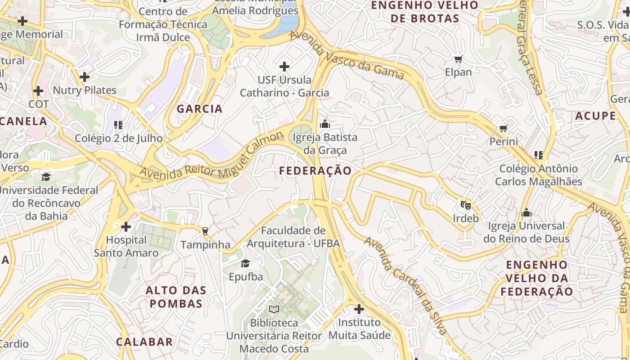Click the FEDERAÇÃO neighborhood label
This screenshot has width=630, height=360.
pyautogui.click(x=315, y=171)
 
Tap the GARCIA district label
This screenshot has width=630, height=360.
pyautogui.click(x=199, y=109)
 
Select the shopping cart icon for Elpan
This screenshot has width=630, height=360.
pyautogui.click(x=459, y=59)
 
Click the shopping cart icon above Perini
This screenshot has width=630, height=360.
pyautogui.click(x=504, y=129)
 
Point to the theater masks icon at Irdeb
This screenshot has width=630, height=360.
pyautogui.click(x=465, y=205)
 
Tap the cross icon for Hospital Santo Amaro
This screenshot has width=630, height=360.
pyautogui.click(x=126, y=226)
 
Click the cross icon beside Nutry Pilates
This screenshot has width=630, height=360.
pyautogui.click(x=85, y=77)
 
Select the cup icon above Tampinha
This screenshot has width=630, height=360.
pyautogui.click(x=205, y=231)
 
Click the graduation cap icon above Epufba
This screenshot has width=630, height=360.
pyautogui.click(x=245, y=263)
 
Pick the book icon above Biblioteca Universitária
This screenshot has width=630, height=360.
pyautogui.click(x=274, y=309)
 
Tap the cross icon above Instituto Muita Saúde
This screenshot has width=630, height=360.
pyautogui.click(x=359, y=309)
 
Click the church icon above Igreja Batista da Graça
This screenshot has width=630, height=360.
pyautogui.click(x=324, y=124)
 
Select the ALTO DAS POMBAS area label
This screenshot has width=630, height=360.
pyautogui.click(x=176, y=297)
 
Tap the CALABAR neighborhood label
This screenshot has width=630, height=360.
pyautogui.click(x=144, y=342)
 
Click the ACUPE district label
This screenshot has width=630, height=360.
pyautogui.click(x=595, y=116)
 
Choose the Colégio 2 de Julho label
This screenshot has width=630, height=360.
pyautogui.click(x=118, y=139)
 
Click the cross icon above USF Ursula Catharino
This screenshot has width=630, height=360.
pyautogui.click(x=284, y=67)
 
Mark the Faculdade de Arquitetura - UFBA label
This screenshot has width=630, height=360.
pyautogui.click(x=293, y=237)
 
